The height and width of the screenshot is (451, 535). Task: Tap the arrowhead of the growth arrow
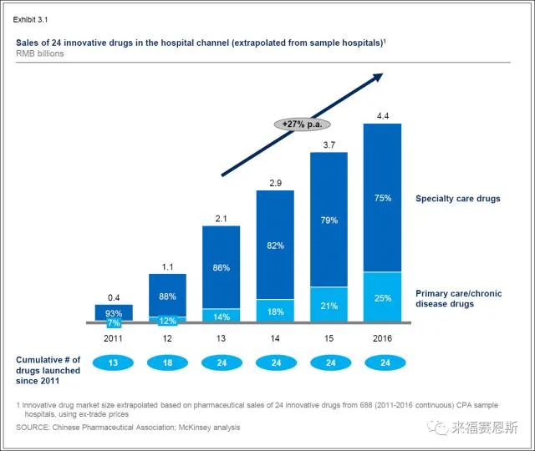(x=377, y=76)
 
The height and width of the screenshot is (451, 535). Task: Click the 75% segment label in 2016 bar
(x=383, y=197)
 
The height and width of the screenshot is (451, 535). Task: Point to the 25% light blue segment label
(x=383, y=298)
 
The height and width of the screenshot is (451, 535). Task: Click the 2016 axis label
(x=383, y=338)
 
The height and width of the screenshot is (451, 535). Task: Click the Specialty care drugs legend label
(x=457, y=199)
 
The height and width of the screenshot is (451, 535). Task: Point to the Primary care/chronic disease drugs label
(x=459, y=298)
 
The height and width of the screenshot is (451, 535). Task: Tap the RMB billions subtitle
(x=39, y=53)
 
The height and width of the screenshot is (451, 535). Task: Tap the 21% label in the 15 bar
(x=329, y=306)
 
